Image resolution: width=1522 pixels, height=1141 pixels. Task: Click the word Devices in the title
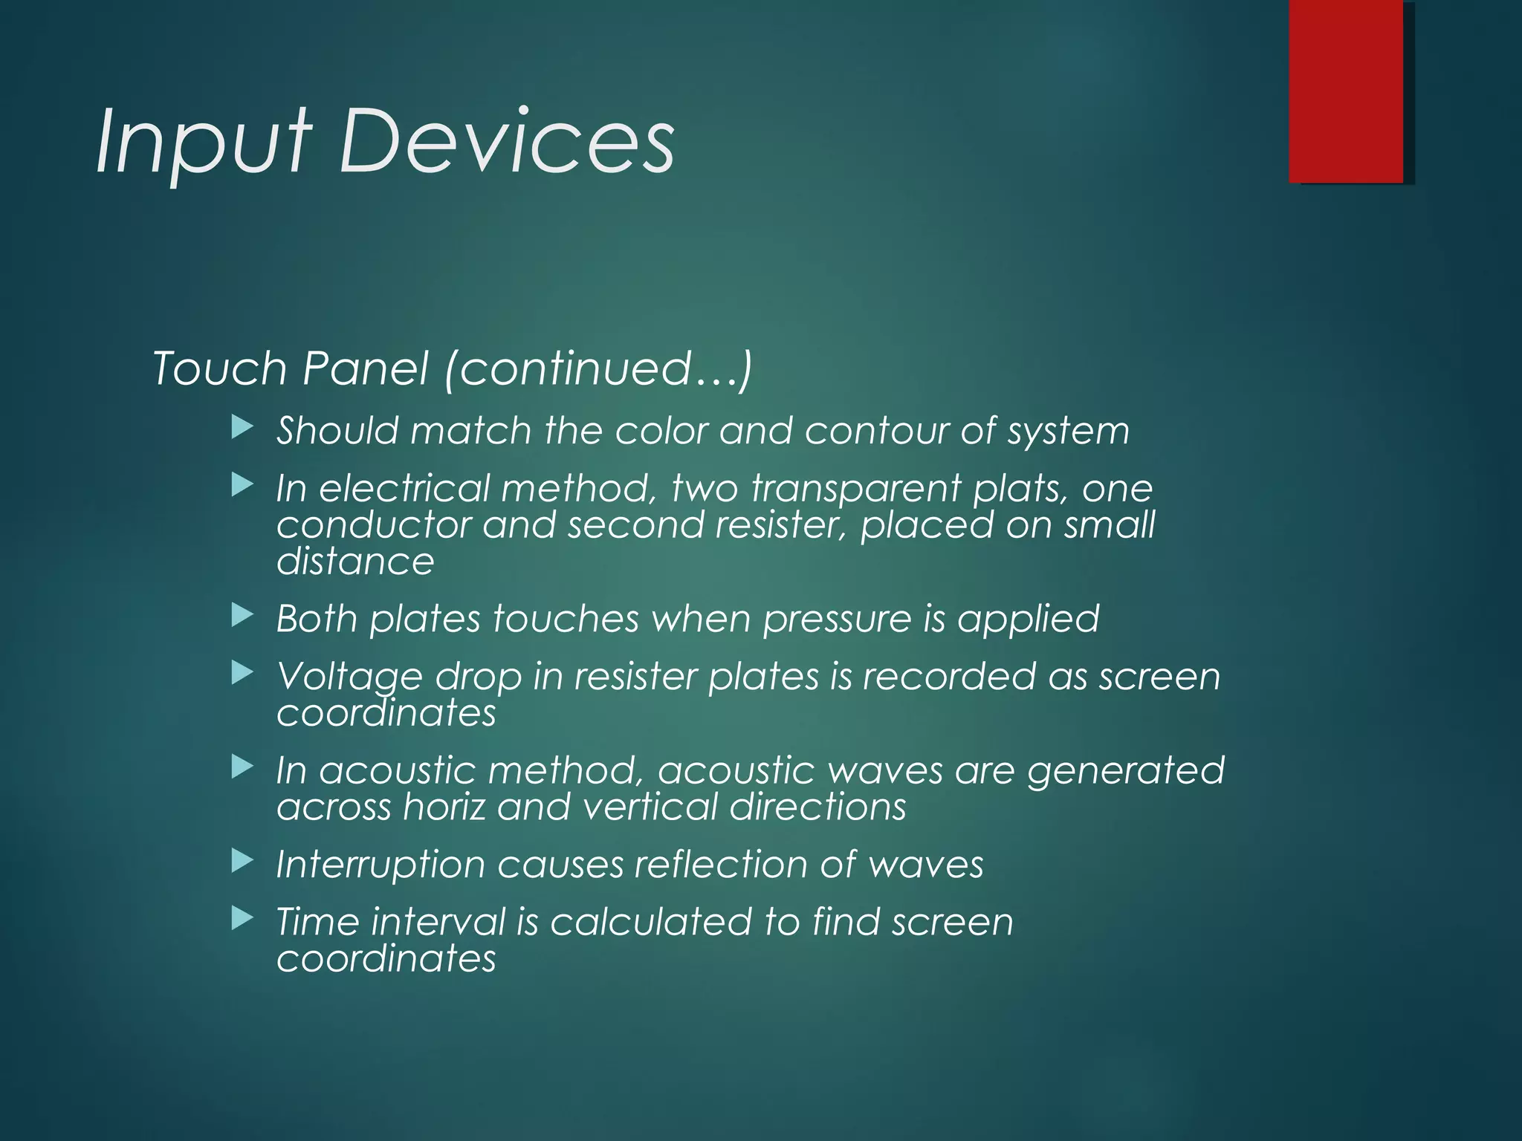click(x=507, y=141)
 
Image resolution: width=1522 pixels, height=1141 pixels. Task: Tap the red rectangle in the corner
click(x=1346, y=91)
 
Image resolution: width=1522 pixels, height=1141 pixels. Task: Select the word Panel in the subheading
click(x=366, y=368)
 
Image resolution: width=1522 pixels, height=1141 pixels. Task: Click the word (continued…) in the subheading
click(x=598, y=368)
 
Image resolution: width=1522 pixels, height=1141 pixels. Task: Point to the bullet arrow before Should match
click(x=242, y=427)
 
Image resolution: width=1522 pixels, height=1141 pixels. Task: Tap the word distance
click(x=355, y=561)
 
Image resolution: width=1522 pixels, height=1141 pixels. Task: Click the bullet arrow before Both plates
click(x=242, y=615)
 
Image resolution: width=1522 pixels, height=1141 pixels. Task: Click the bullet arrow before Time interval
click(x=242, y=920)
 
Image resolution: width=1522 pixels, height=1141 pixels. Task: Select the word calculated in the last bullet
click(x=651, y=923)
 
